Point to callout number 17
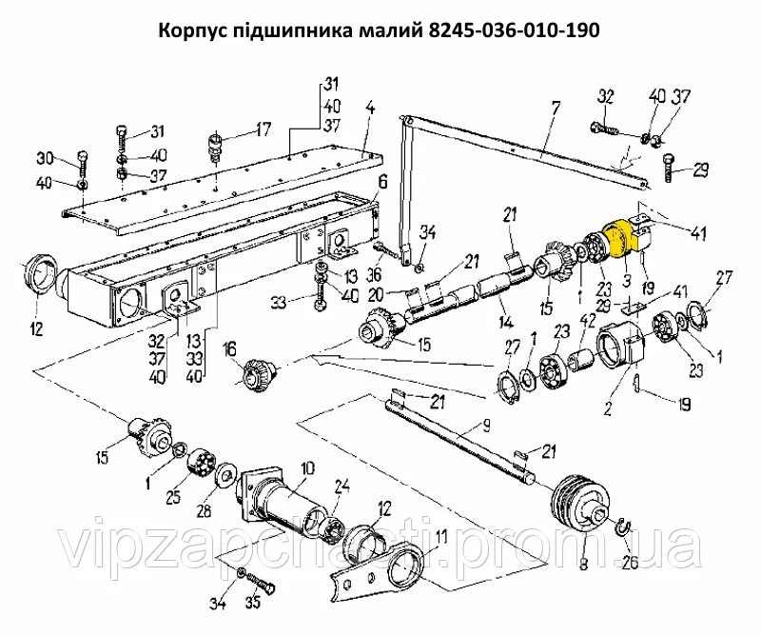[x=263, y=130]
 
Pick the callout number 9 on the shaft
[x=485, y=427]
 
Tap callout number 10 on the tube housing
[x=307, y=468]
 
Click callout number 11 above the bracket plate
[x=441, y=538]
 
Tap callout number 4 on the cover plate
[x=370, y=108]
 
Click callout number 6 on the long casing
[x=383, y=183]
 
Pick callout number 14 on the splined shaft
[x=506, y=321]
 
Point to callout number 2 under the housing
[x=607, y=409]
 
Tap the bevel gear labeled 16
[x=260, y=372]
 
